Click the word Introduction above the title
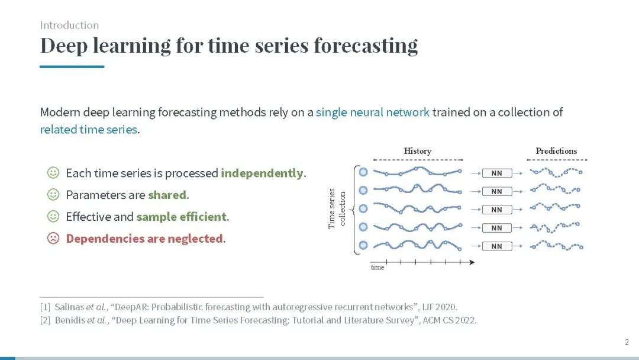pyautogui.click(x=69, y=25)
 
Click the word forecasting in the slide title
pyautogui.click(x=366, y=46)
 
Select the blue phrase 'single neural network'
pyautogui.click(x=373, y=112)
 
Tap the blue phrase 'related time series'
pyautogui.click(x=88, y=129)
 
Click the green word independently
pyautogui.click(x=262, y=173)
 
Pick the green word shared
pyautogui.click(x=167, y=195)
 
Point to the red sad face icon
pyautogui.click(x=53, y=238)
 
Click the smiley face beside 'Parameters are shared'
pyautogui.click(x=53, y=194)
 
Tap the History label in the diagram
pyautogui.click(x=418, y=151)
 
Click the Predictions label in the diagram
pyautogui.click(x=556, y=151)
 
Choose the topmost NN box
pyautogui.click(x=497, y=173)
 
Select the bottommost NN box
pyautogui.click(x=497, y=246)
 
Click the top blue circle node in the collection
pyautogui.click(x=363, y=172)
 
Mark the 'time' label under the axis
pyautogui.click(x=377, y=268)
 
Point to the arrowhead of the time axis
pyautogui.click(x=472, y=262)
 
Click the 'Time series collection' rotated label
pyautogui.click(x=337, y=209)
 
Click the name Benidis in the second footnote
pyautogui.click(x=70, y=320)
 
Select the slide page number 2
pyautogui.click(x=627, y=342)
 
